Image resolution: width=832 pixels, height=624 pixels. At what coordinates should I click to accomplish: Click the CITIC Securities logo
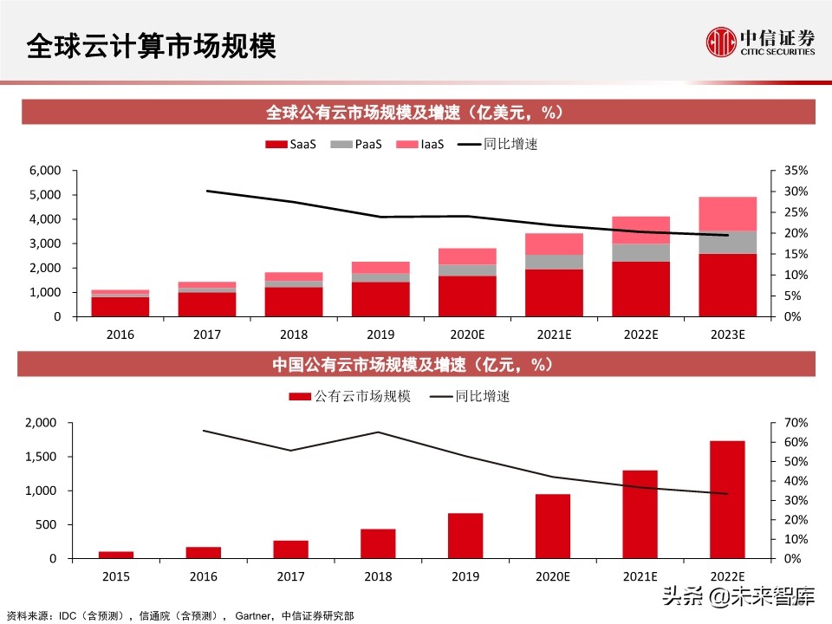760,42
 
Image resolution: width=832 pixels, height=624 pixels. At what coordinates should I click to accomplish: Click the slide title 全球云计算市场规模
151,46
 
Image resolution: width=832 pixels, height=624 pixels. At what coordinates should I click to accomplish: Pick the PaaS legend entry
361,144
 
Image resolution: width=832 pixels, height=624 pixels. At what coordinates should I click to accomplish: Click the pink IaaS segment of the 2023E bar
727,213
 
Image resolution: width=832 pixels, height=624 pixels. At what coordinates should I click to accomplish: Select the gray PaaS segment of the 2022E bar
640,252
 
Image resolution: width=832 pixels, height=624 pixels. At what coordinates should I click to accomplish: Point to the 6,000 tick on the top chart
44,171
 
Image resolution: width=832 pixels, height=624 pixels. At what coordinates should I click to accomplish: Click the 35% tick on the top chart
796,171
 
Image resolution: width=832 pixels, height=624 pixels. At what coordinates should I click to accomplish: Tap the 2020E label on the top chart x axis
467,333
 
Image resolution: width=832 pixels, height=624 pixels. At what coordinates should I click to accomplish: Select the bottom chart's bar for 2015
116,555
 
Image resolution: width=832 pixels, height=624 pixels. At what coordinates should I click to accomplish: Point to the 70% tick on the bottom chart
796,423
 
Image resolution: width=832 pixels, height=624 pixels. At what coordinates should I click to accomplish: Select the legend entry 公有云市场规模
350,396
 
